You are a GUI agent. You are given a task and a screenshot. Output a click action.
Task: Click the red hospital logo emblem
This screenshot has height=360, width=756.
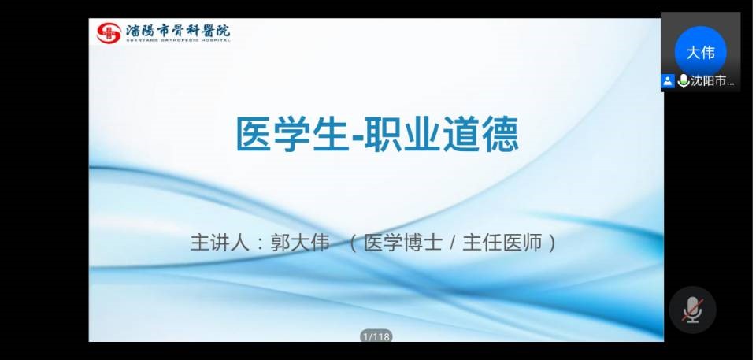(109, 33)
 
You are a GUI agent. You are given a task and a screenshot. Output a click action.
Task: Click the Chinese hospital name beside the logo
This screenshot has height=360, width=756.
(178, 31)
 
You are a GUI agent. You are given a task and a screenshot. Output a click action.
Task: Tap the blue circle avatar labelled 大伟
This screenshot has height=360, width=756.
(700, 52)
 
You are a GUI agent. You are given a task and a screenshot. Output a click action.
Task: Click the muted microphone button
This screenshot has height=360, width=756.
(692, 310)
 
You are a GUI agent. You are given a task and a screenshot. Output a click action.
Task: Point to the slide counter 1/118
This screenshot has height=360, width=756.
(376, 336)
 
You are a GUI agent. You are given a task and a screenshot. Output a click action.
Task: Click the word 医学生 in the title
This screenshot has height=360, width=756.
(291, 134)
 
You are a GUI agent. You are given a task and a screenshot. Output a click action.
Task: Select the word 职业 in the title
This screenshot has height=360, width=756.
(402, 134)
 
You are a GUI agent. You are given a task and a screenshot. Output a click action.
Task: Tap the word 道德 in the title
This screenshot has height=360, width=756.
(480, 134)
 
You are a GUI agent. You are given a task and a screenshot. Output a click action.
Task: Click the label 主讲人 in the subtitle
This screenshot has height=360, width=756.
(220, 243)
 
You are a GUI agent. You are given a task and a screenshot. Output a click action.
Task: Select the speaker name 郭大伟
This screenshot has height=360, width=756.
(300, 243)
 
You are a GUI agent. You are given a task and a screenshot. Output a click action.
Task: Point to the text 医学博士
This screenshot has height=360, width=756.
(403, 243)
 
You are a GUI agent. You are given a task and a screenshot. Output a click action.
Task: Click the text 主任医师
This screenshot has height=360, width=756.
(502, 243)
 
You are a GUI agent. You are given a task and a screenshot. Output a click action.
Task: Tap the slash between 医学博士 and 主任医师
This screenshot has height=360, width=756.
(452, 243)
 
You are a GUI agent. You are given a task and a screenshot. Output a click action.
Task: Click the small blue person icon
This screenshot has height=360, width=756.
(667, 81)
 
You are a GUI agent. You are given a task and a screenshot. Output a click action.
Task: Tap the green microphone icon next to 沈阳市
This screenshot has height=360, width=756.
(683, 81)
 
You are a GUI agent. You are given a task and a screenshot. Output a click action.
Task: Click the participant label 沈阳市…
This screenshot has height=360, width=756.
(713, 81)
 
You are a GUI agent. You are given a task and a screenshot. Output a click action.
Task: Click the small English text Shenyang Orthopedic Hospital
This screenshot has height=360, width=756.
(178, 40)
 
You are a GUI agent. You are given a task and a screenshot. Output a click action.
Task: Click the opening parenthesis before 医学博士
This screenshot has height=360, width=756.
(353, 243)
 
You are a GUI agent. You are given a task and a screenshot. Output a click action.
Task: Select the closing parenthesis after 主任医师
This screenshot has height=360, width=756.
(553, 243)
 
